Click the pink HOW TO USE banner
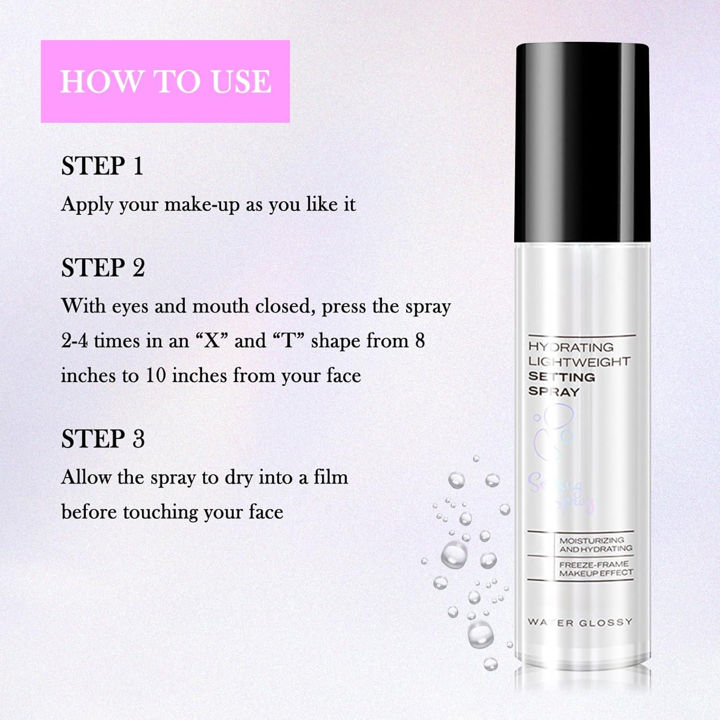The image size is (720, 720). click(x=165, y=81)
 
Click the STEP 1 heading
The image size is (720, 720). click(x=102, y=166)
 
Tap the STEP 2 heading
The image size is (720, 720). click(x=103, y=268)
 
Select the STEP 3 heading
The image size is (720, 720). click(x=103, y=439)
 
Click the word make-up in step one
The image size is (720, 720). click(x=202, y=205)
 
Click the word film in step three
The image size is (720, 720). click(x=331, y=478)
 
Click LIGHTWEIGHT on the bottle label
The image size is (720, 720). click(x=579, y=362)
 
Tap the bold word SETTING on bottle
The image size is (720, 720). click(x=562, y=377)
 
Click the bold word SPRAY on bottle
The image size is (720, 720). click(x=553, y=392)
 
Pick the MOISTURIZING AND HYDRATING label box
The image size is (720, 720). click(x=595, y=544)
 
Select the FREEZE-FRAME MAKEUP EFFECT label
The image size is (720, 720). click(x=595, y=569)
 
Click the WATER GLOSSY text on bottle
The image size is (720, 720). click(x=580, y=623)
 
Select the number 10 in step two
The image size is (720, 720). click(x=156, y=375)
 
